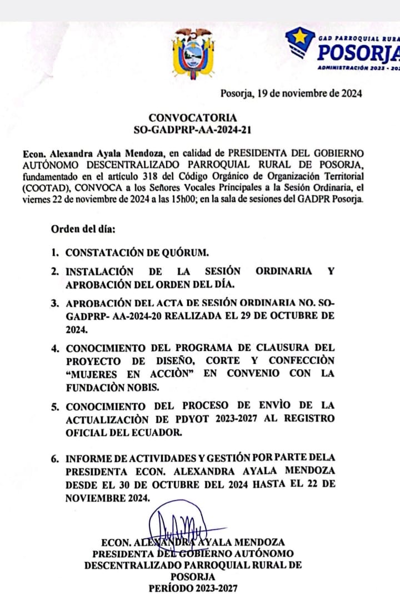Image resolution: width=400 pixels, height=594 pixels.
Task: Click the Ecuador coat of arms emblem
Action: (x=193, y=53)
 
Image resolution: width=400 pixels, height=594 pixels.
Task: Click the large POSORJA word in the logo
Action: (x=359, y=53)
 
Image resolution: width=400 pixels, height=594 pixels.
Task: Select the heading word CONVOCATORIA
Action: (x=192, y=118)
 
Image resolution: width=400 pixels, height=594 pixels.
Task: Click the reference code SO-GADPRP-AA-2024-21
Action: (x=192, y=130)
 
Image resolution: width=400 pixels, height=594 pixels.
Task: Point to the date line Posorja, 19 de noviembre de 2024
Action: (x=291, y=93)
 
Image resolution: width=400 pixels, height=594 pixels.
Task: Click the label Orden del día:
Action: (x=83, y=229)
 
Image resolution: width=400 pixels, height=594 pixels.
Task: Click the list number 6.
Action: (x=55, y=459)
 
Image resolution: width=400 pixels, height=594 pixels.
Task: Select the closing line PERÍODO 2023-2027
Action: (x=192, y=588)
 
